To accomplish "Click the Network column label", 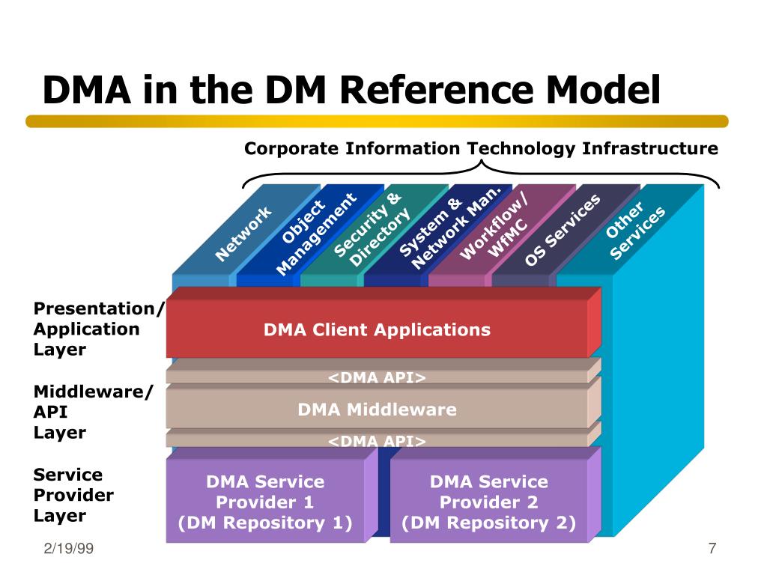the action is [243, 234].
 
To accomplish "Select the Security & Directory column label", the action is [372, 229].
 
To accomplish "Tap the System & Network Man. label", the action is [450, 228].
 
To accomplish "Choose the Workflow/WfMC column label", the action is [494, 225].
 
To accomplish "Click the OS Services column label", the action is [563, 230].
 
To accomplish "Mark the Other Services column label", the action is [635, 231].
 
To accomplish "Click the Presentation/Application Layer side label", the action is [98, 329].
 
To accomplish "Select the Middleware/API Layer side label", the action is [93, 412].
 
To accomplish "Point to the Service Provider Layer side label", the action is [73, 495].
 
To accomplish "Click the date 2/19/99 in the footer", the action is [68, 549].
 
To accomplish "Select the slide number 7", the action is [712, 549].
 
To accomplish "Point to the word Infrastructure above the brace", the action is [650, 148].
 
